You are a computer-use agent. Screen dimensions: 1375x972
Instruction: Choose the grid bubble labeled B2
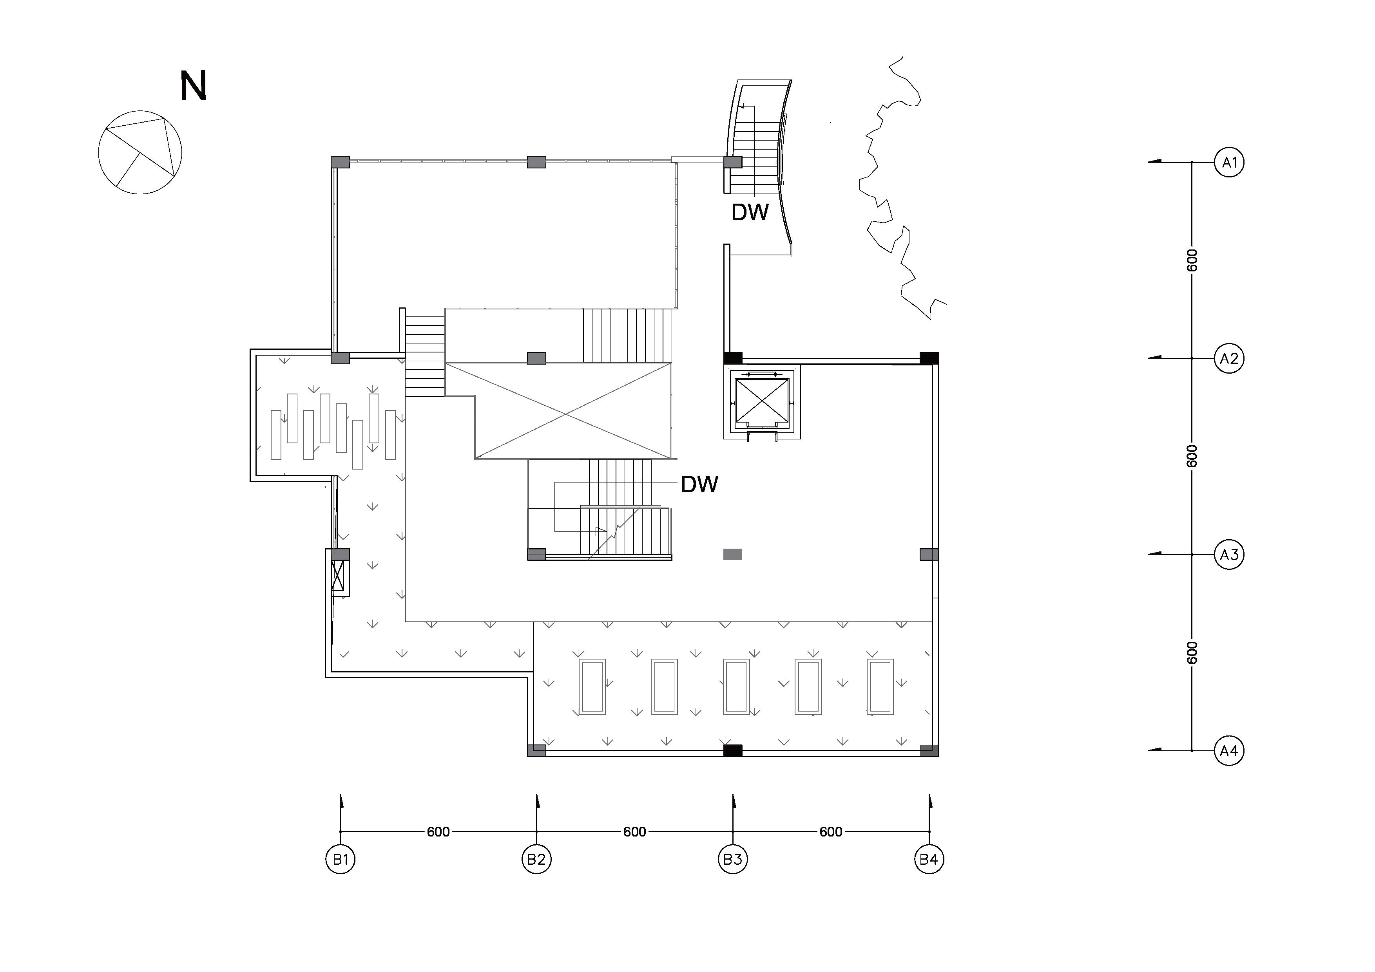coord(536,860)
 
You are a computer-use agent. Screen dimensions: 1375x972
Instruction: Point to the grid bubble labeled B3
coord(733,860)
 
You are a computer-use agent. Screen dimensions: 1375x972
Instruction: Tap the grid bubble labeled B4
coord(929,860)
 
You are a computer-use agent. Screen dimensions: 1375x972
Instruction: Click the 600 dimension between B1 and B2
coord(438,832)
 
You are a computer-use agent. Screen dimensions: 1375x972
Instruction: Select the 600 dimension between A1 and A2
coord(1192,260)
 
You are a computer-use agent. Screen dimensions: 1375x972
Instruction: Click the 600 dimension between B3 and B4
coord(831,832)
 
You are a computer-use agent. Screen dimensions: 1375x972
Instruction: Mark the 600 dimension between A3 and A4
coord(1192,652)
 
